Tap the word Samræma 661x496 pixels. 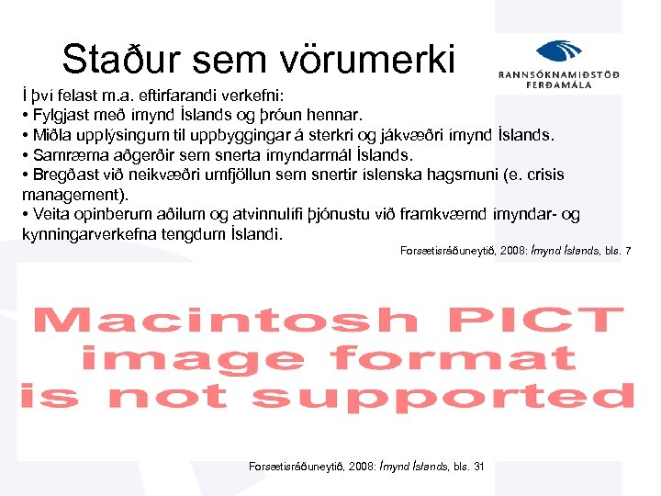pyautogui.click(x=71, y=155)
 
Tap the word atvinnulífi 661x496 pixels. pyautogui.click(x=277, y=214)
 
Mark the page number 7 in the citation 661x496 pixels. pyautogui.click(x=628, y=251)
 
